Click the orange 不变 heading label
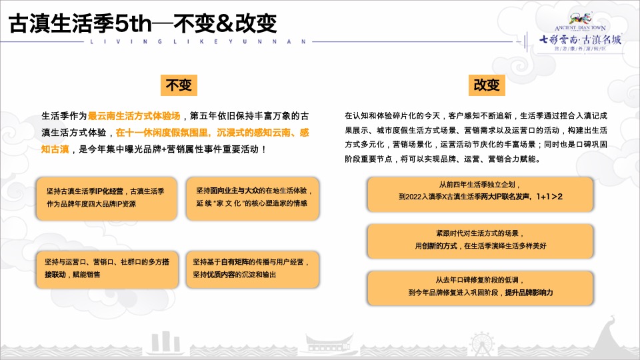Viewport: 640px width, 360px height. (178, 85)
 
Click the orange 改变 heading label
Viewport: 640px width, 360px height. (486, 85)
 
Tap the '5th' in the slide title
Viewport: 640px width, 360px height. (134, 24)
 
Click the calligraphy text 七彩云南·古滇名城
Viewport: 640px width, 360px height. (580, 39)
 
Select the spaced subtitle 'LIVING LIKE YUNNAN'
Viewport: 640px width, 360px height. (198, 41)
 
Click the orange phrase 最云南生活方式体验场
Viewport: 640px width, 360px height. (134, 115)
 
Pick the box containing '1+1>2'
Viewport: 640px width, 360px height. (480, 191)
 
